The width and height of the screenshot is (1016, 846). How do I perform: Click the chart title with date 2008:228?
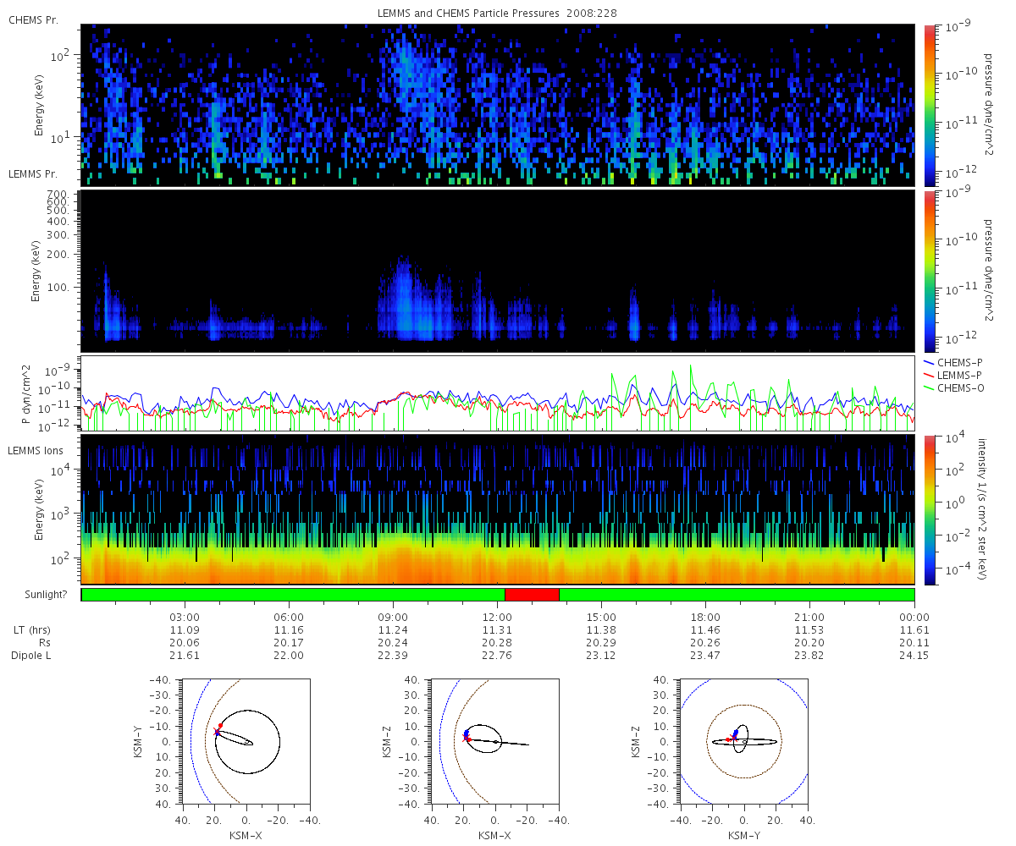click(497, 14)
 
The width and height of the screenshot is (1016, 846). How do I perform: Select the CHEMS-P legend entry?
click(953, 363)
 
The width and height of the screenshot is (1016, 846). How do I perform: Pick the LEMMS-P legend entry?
click(952, 376)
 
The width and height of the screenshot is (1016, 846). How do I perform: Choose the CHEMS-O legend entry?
click(953, 388)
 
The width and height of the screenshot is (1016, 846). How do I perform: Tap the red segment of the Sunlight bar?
click(532, 595)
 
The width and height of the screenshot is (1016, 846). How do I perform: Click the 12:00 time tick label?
click(497, 617)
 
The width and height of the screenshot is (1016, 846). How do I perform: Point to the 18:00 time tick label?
click(705, 617)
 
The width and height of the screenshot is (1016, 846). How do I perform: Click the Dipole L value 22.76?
click(497, 656)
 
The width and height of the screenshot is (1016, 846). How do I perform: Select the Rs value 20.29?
click(601, 643)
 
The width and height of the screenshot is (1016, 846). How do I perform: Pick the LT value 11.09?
click(185, 630)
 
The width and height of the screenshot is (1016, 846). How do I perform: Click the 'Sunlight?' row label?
click(46, 595)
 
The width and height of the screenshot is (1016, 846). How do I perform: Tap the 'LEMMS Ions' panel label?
click(35, 451)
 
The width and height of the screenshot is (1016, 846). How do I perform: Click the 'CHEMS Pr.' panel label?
click(33, 20)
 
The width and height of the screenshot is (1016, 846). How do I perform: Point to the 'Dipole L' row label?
click(31, 656)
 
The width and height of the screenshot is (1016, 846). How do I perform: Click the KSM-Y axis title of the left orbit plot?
click(138, 742)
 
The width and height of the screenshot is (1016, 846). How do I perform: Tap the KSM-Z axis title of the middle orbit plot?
click(387, 742)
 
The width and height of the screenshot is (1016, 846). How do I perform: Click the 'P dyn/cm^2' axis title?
click(26, 394)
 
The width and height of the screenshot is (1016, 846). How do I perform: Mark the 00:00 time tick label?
click(914, 617)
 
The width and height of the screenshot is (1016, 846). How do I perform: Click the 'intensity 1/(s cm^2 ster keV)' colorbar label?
click(982, 509)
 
